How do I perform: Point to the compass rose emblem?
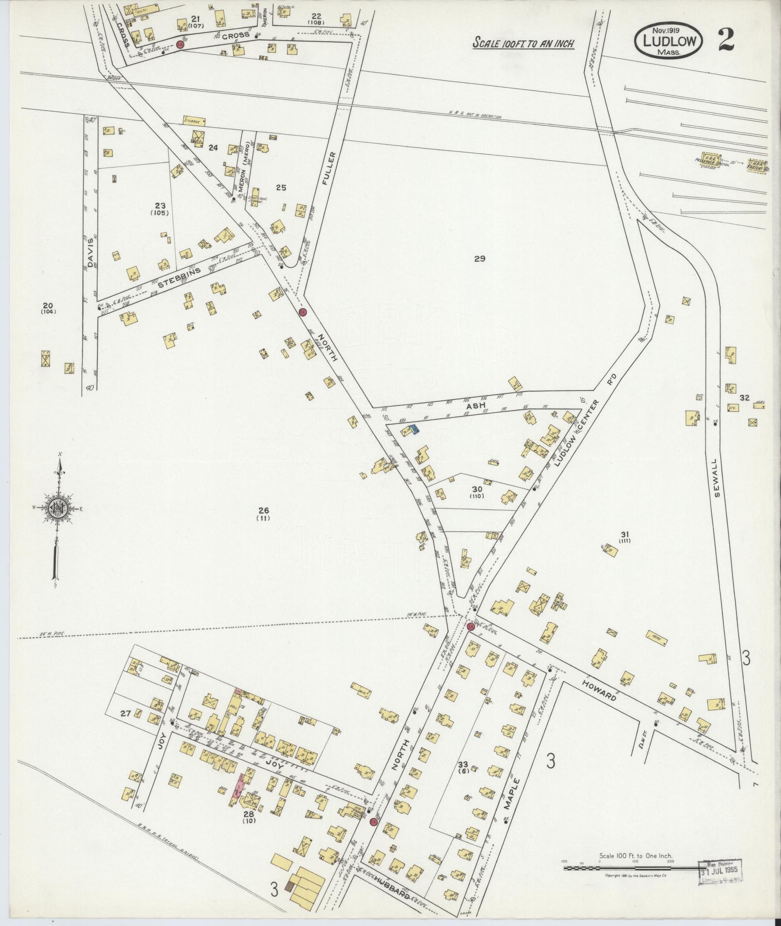(58, 507)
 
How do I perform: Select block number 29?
(479, 258)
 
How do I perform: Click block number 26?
(263, 510)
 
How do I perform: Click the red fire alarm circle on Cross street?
(180, 45)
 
